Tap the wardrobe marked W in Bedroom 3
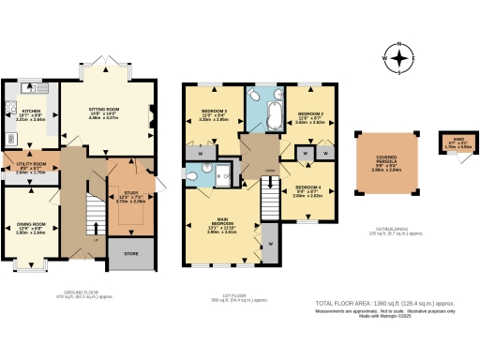tap(203, 153)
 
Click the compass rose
tap(401, 59)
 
